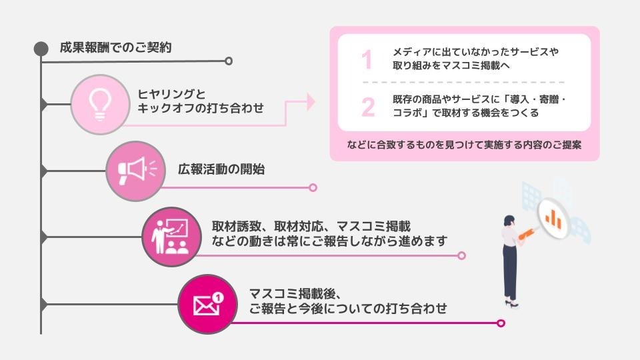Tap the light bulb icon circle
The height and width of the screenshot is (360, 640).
99,104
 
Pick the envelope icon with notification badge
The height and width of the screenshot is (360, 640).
207,304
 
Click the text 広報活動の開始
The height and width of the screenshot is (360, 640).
221,169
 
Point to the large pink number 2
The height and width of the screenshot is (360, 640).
368,107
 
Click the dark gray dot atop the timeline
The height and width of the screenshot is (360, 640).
41,49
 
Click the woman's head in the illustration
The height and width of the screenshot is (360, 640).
509,221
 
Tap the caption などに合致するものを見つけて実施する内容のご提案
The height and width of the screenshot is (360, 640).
465,145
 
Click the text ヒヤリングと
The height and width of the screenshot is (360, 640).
172,93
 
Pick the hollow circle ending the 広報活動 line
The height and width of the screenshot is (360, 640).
313,188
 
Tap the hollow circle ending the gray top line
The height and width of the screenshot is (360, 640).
229,61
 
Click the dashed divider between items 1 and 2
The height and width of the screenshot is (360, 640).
463,83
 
